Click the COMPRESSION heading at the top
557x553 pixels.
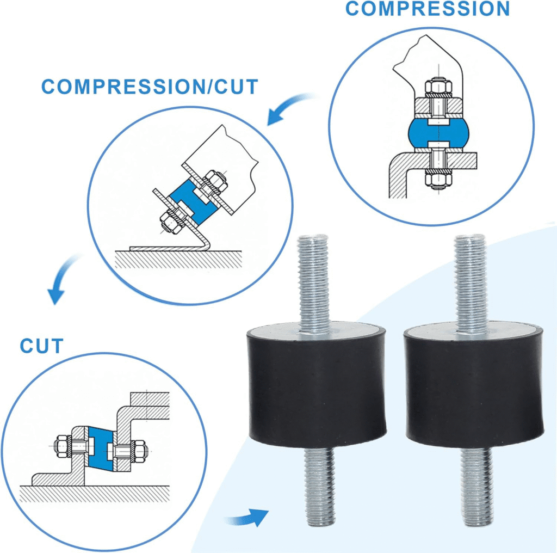(428, 9)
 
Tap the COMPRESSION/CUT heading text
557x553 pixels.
(150, 87)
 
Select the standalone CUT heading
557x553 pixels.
(42, 345)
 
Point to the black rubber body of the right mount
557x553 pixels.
(474, 386)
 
